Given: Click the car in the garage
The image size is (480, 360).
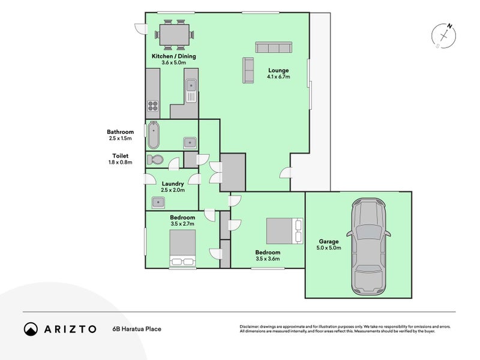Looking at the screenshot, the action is coord(368,247).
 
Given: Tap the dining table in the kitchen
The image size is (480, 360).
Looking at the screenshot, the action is coord(174,35).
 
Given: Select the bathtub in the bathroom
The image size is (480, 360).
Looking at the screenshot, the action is coord(154,135).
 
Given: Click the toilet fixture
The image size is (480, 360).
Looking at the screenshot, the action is coord(155,160).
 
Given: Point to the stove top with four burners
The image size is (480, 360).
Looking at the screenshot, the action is coord(153,106).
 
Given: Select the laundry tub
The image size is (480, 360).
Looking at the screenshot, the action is coord(158,202).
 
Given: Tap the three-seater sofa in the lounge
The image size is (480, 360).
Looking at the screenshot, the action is coord(274,47).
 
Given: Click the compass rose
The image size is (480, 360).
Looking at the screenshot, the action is coord(443,36).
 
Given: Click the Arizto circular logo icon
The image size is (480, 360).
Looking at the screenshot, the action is coord(31,329).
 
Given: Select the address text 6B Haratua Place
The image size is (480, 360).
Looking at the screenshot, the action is coord(137,329).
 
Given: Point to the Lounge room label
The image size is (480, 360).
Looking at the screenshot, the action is coord(278,70).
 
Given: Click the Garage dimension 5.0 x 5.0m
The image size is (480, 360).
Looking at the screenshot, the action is coord(329,248).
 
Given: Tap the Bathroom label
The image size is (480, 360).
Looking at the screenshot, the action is coord(121,132).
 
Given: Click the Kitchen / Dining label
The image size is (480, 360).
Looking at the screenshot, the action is coord(174,56).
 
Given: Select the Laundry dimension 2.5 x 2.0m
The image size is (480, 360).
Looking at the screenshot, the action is coord(173,190).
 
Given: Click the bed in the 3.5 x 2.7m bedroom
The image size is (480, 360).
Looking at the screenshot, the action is coord(183,248).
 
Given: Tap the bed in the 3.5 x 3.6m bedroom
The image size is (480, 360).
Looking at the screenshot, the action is coord(284,231).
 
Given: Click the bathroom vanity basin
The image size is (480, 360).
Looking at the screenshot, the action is coord(190,143).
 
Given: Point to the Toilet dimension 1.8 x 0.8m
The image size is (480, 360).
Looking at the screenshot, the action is coord(121,162).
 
